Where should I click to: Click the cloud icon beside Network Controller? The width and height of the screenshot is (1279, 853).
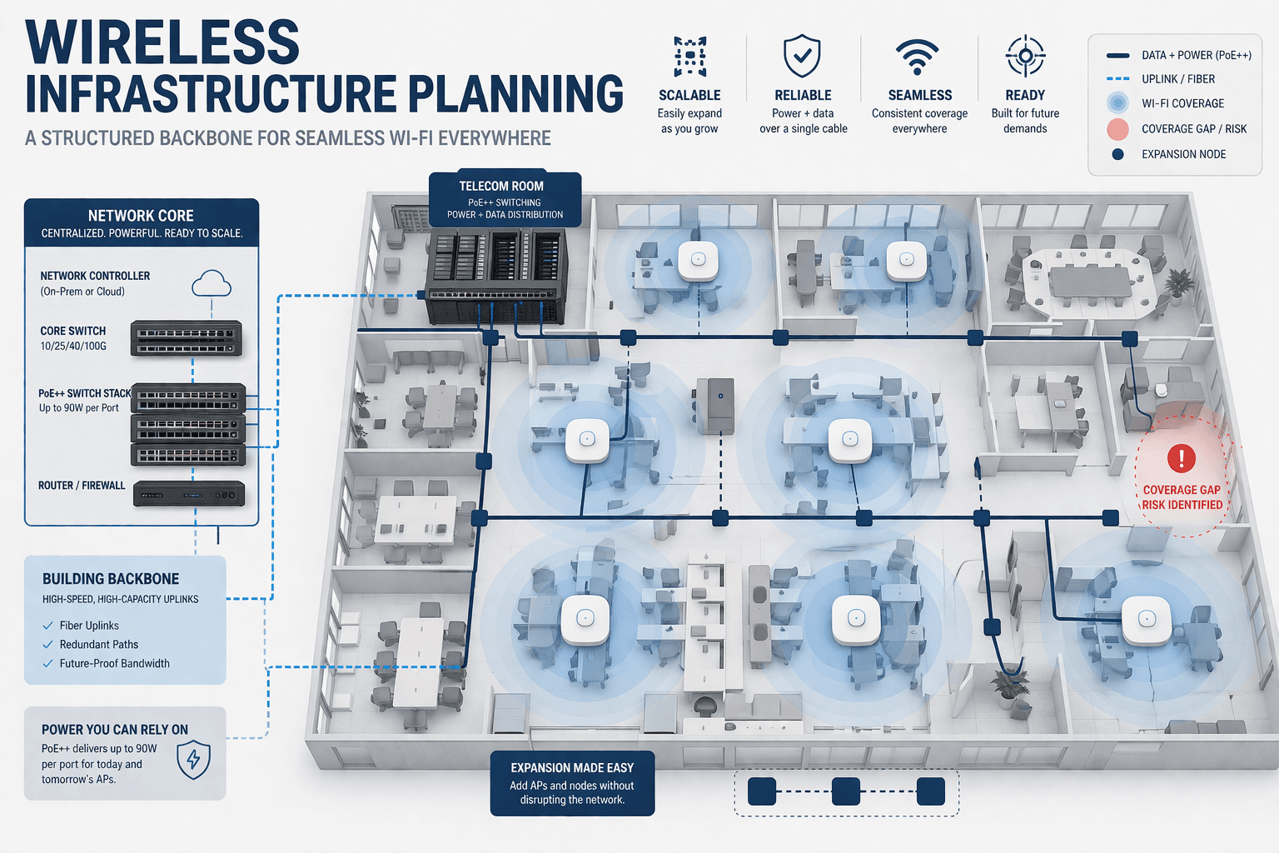click(x=211, y=284)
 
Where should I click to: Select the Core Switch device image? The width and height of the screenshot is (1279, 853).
click(x=187, y=339)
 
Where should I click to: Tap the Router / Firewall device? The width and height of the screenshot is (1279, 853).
click(x=189, y=494)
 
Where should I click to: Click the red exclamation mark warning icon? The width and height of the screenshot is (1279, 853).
click(x=1181, y=457)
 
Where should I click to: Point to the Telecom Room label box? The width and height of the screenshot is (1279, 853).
click(x=505, y=199)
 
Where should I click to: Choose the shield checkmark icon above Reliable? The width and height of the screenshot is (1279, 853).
click(x=802, y=56)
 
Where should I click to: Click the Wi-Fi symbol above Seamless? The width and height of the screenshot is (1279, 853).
click(x=917, y=57)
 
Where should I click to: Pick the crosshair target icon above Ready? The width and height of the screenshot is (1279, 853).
click(x=1025, y=56)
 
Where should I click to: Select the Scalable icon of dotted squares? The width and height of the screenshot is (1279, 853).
click(x=689, y=57)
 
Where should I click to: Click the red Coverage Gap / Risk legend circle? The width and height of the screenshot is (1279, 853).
click(x=1117, y=129)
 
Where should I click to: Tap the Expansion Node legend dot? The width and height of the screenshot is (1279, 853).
click(x=1117, y=154)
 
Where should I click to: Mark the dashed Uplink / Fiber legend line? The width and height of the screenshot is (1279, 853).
click(x=1117, y=79)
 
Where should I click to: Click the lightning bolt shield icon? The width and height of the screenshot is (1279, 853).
click(x=193, y=759)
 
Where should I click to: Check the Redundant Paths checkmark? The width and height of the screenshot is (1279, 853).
click(x=48, y=645)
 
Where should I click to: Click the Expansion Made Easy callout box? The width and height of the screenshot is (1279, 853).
click(x=572, y=783)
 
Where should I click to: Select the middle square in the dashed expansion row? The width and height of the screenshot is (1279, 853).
click(x=846, y=791)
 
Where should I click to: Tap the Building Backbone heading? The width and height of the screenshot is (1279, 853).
click(x=111, y=579)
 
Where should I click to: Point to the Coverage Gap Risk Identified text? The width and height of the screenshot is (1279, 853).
click(x=1182, y=497)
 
